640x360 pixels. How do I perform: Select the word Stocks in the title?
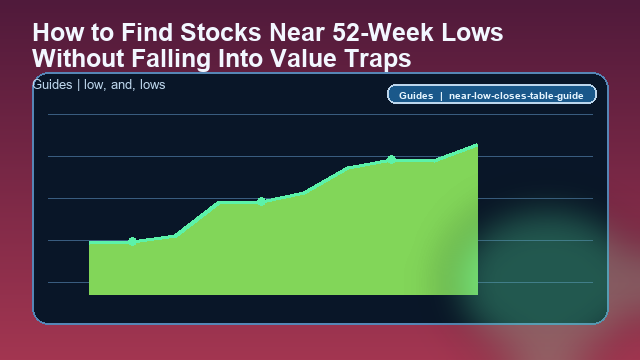click(x=215, y=33)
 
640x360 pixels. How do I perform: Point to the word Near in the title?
click(x=290, y=33)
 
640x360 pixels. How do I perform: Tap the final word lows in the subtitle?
click(x=151, y=85)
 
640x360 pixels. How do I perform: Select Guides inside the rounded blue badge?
click(x=415, y=96)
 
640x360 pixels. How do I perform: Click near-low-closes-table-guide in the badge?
click(x=517, y=96)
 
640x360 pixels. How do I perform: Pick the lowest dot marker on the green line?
click(x=132, y=240)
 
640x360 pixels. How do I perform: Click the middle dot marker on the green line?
click(x=261, y=201)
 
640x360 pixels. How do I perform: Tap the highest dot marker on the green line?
click(x=391, y=159)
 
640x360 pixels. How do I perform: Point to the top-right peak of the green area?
click(x=477, y=145)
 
